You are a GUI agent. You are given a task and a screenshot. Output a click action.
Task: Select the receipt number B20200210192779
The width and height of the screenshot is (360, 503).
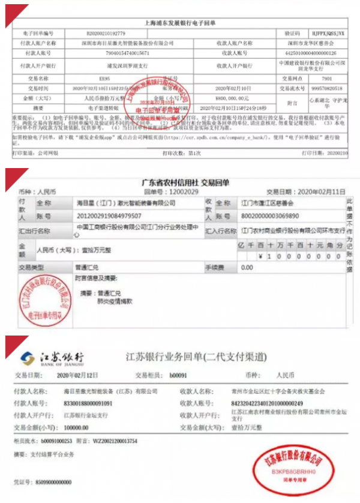(x=129, y=34)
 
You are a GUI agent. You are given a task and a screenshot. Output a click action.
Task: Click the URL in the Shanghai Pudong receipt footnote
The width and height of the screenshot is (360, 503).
(x=233, y=137)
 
